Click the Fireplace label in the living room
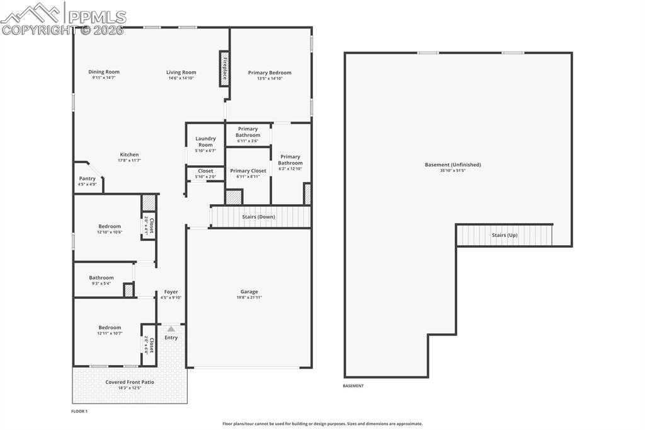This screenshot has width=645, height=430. pos(224,69)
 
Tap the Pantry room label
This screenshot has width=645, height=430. pos(87,178)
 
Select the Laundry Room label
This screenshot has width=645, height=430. pos(205,142)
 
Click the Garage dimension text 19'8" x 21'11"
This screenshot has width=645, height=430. pos(249,298)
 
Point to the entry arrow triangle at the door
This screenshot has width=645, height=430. pos(171,328)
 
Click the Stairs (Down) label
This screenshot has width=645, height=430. pos(258,217)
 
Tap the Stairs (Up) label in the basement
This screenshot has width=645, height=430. pos(504,235)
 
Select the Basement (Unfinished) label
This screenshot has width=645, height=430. pos(452,165)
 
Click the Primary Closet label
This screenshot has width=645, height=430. pos(248,171)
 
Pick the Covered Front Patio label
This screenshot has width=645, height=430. pos(129,382)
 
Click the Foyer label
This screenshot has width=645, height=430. pos(171,292)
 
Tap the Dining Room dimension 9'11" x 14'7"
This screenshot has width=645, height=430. pos(104,78)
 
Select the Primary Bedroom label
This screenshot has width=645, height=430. pos(270,73)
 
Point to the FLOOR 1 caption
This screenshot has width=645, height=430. pos(79,411)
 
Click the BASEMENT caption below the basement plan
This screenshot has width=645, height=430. pos(353,386)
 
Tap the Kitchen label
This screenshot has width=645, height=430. pos(129,154)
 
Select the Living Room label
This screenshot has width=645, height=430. pos(181,73)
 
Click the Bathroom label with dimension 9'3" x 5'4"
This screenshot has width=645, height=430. pos(101,277)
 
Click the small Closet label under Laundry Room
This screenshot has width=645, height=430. pos(205,171)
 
